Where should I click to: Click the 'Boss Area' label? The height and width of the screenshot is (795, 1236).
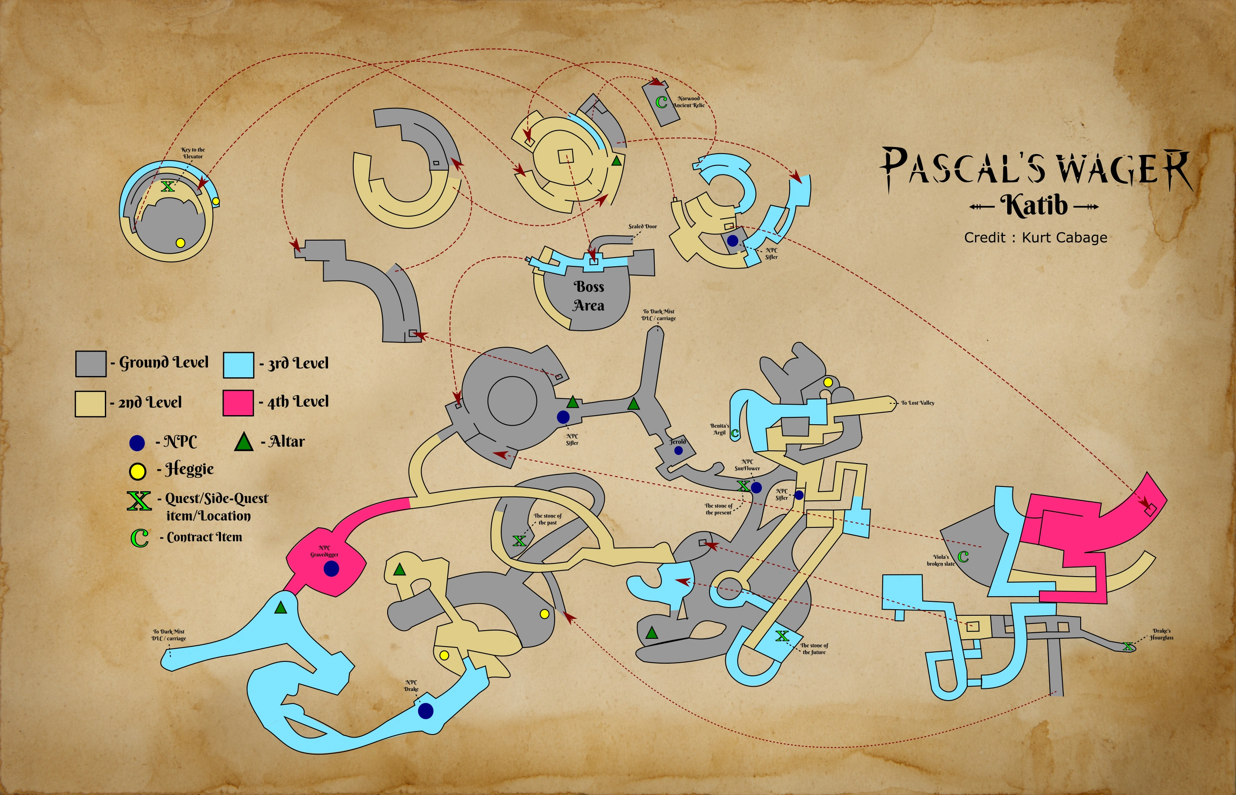[588, 296]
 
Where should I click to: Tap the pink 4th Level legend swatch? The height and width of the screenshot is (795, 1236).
[238, 403]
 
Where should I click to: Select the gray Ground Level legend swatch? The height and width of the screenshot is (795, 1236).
[91, 363]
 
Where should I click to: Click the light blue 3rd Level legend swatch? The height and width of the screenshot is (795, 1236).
[238, 365]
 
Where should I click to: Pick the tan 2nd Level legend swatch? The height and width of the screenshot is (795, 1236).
[90, 403]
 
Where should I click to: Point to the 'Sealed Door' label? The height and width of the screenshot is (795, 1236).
[643, 227]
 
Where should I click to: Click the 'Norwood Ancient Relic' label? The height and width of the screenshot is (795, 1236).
[689, 102]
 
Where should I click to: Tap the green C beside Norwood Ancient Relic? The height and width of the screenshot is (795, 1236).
[661, 102]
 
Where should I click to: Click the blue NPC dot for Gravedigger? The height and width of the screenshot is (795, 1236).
[332, 569]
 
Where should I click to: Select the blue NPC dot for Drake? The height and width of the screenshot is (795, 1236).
[425, 711]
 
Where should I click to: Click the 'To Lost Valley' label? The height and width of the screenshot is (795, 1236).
[918, 403]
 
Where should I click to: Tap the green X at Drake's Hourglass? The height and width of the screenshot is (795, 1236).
[1128, 646]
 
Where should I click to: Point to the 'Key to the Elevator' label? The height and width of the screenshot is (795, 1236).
[193, 153]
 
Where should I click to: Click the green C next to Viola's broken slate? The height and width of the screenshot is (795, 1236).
[963, 557]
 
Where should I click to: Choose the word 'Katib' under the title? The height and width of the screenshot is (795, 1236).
[1034, 205]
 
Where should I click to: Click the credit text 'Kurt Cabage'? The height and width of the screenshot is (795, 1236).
[1064, 238]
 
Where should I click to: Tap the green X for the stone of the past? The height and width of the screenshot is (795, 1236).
[519, 540]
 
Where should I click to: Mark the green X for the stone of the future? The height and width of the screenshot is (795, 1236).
[782, 636]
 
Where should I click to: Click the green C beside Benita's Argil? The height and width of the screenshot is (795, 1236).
[735, 433]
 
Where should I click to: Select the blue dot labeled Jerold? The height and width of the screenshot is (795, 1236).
[679, 451]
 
